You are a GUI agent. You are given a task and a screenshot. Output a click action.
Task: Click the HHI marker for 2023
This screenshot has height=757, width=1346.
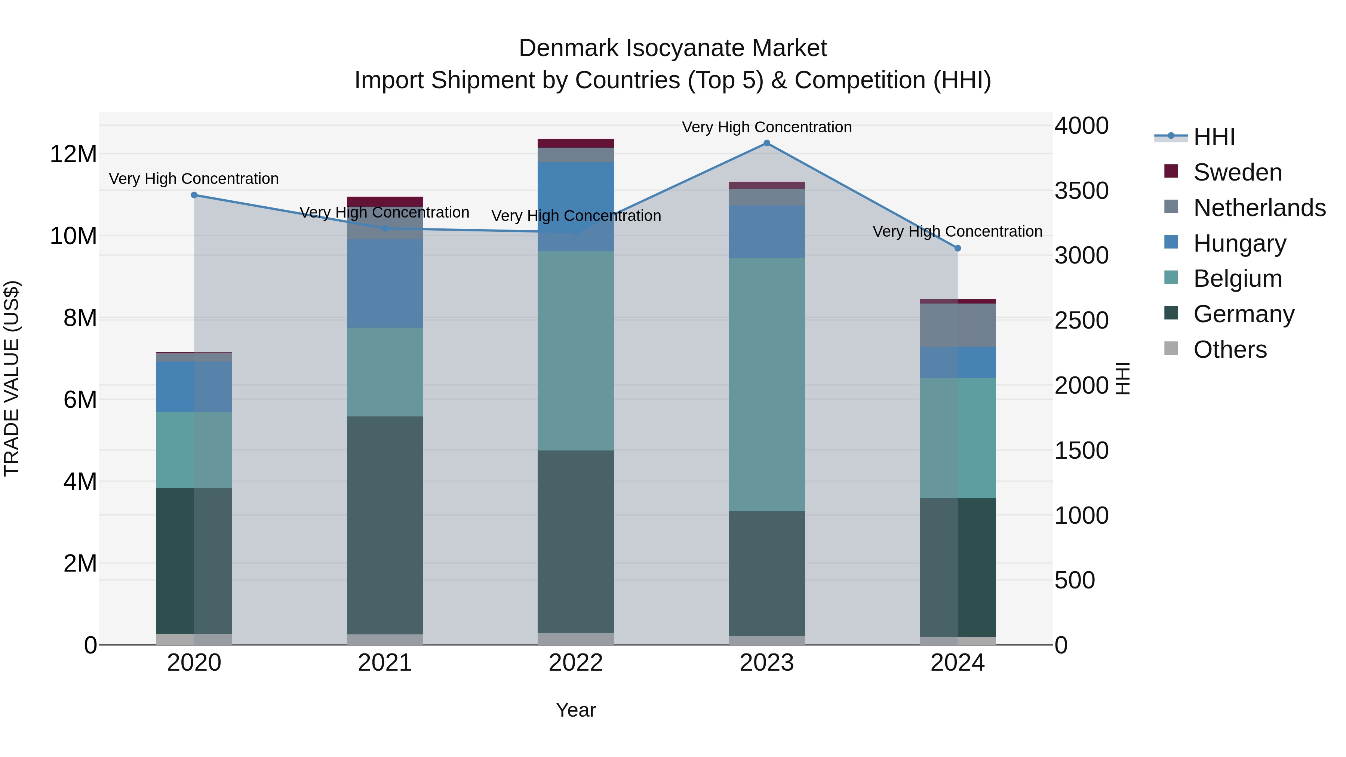pyautogui.click(x=766, y=143)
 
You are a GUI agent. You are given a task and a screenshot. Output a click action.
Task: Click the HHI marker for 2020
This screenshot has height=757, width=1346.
pyautogui.click(x=194, y=195)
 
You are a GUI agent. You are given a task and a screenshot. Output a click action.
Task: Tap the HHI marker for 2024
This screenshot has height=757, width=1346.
pyautogui.click(x=957, y=248)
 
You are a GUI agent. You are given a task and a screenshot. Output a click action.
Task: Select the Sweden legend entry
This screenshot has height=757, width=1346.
pyautogui.click(x=1237, y=172)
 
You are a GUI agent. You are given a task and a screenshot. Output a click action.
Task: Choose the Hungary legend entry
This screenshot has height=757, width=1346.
pyautogui.click(x=1239, y=243)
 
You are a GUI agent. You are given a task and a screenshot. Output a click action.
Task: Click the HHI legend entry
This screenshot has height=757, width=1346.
pyautogui.click(x=1213, y=137)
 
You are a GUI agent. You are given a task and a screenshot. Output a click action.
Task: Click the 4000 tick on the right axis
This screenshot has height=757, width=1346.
pyautogui.click(x=1081, y=126)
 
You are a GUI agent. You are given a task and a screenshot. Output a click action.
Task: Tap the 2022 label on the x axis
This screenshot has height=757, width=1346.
pyautogui.click(x=576, y=663)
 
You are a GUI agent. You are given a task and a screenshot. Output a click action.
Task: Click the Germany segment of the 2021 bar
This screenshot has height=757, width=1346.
pyautogui.click(x=385, y=525)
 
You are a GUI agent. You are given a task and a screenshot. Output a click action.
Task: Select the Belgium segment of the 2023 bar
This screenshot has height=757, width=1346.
pyautogui.click(x=766, y=384)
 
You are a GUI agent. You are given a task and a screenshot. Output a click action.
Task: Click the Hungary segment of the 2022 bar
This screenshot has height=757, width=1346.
pyautogui.click(x=576, y=206)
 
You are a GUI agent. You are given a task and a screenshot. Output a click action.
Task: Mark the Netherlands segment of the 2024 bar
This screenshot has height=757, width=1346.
pyautogui.click(x=957, y=325)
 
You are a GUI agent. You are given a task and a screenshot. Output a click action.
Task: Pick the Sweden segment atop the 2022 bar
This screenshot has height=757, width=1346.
pyautogui.click(x=576, y=143)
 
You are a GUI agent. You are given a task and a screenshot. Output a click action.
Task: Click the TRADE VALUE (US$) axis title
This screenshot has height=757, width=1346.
pyautogui.click(x=12, y=378)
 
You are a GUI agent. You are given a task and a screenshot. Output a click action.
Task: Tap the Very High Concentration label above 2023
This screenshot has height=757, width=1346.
pyautogui.click(x=766, y=127)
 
